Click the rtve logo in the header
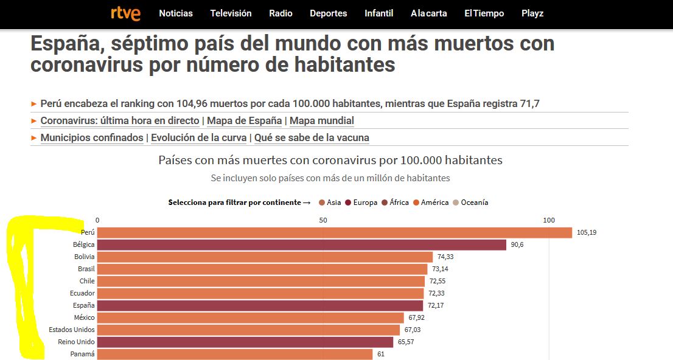(125, 13)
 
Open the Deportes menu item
(328, 13)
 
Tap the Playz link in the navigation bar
(532, 13)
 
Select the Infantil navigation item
(378, 13)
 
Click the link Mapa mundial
(321, 121)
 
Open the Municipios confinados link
(92, 138)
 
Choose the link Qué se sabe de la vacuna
(312, 138)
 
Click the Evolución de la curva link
(198, 138)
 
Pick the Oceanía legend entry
(474, 202)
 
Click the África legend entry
(399, 202)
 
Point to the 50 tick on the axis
(323, 220)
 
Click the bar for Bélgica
(301, 244)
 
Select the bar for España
(260, 305)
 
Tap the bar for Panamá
(234, 354)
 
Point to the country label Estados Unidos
(72, 330)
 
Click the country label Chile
(86, 281)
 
